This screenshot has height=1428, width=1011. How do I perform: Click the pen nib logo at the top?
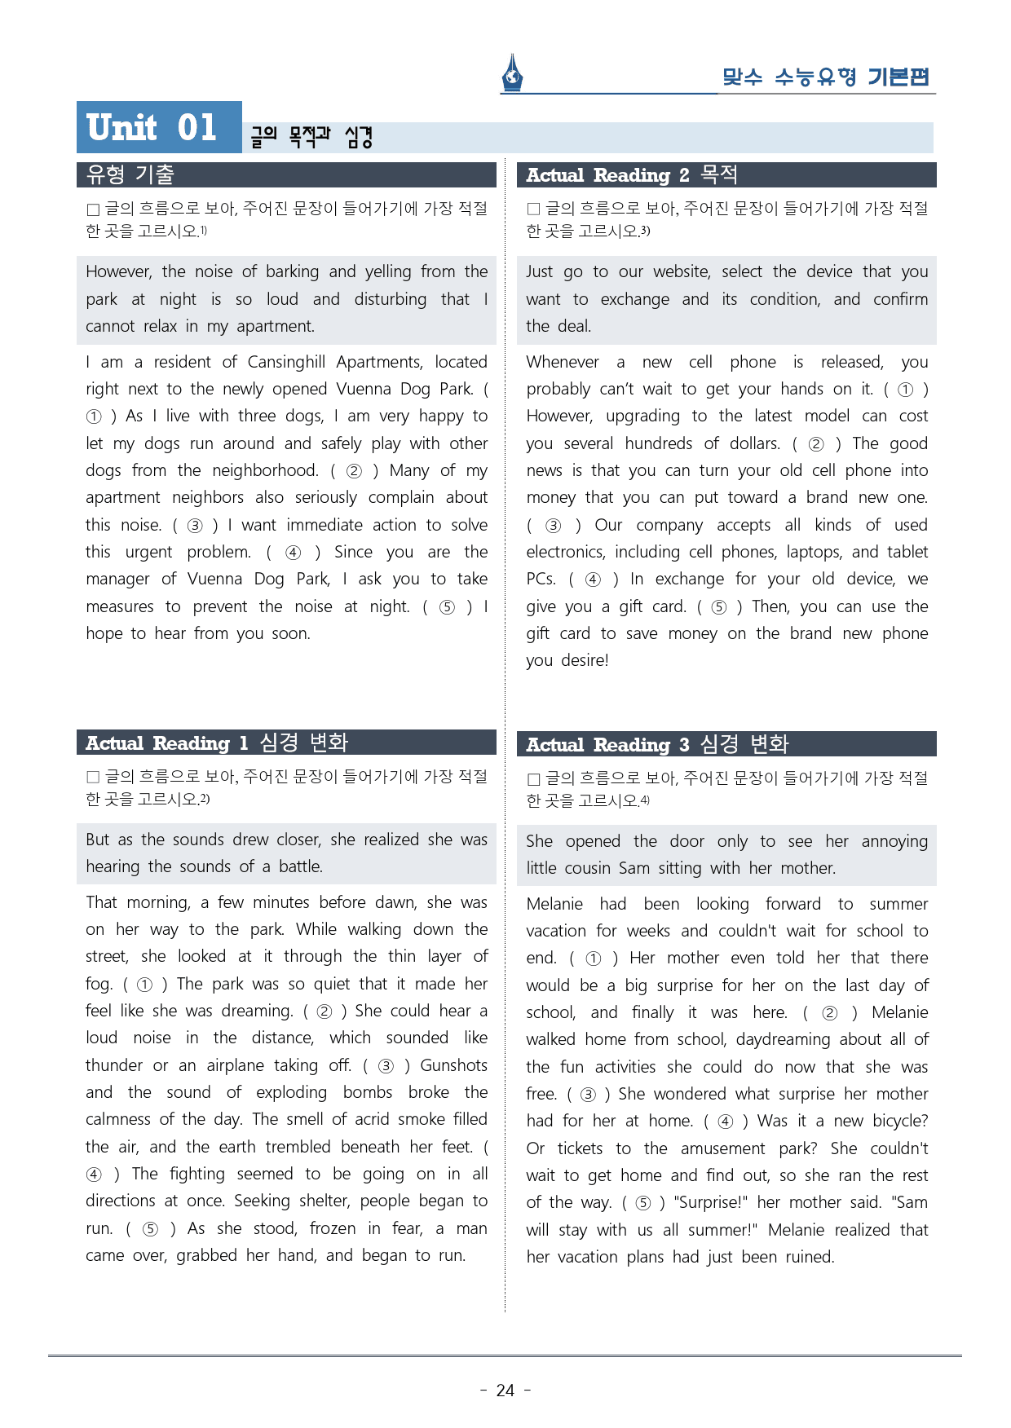point(512,73)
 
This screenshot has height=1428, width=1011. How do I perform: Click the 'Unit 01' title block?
point(159,127)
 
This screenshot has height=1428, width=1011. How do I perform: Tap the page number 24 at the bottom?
point(505,1391)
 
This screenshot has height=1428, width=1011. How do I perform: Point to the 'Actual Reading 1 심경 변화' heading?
point(217,743)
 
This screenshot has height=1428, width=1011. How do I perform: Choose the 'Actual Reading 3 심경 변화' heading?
point(657,744)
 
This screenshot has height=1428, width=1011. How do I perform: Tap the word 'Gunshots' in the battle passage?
point(453,1065)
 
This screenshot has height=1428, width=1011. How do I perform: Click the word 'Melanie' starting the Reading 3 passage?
point(554,904)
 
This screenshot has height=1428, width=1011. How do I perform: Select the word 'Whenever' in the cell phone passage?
point(563,362)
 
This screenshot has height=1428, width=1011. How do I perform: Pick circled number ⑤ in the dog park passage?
point(447,607)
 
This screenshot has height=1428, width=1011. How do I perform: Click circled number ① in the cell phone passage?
point(905,390)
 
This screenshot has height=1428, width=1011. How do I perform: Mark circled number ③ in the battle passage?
point(386,1066)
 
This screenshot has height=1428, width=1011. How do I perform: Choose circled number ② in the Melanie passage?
point(829,1013)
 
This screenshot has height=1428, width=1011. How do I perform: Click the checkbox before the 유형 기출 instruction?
point(93,209)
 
